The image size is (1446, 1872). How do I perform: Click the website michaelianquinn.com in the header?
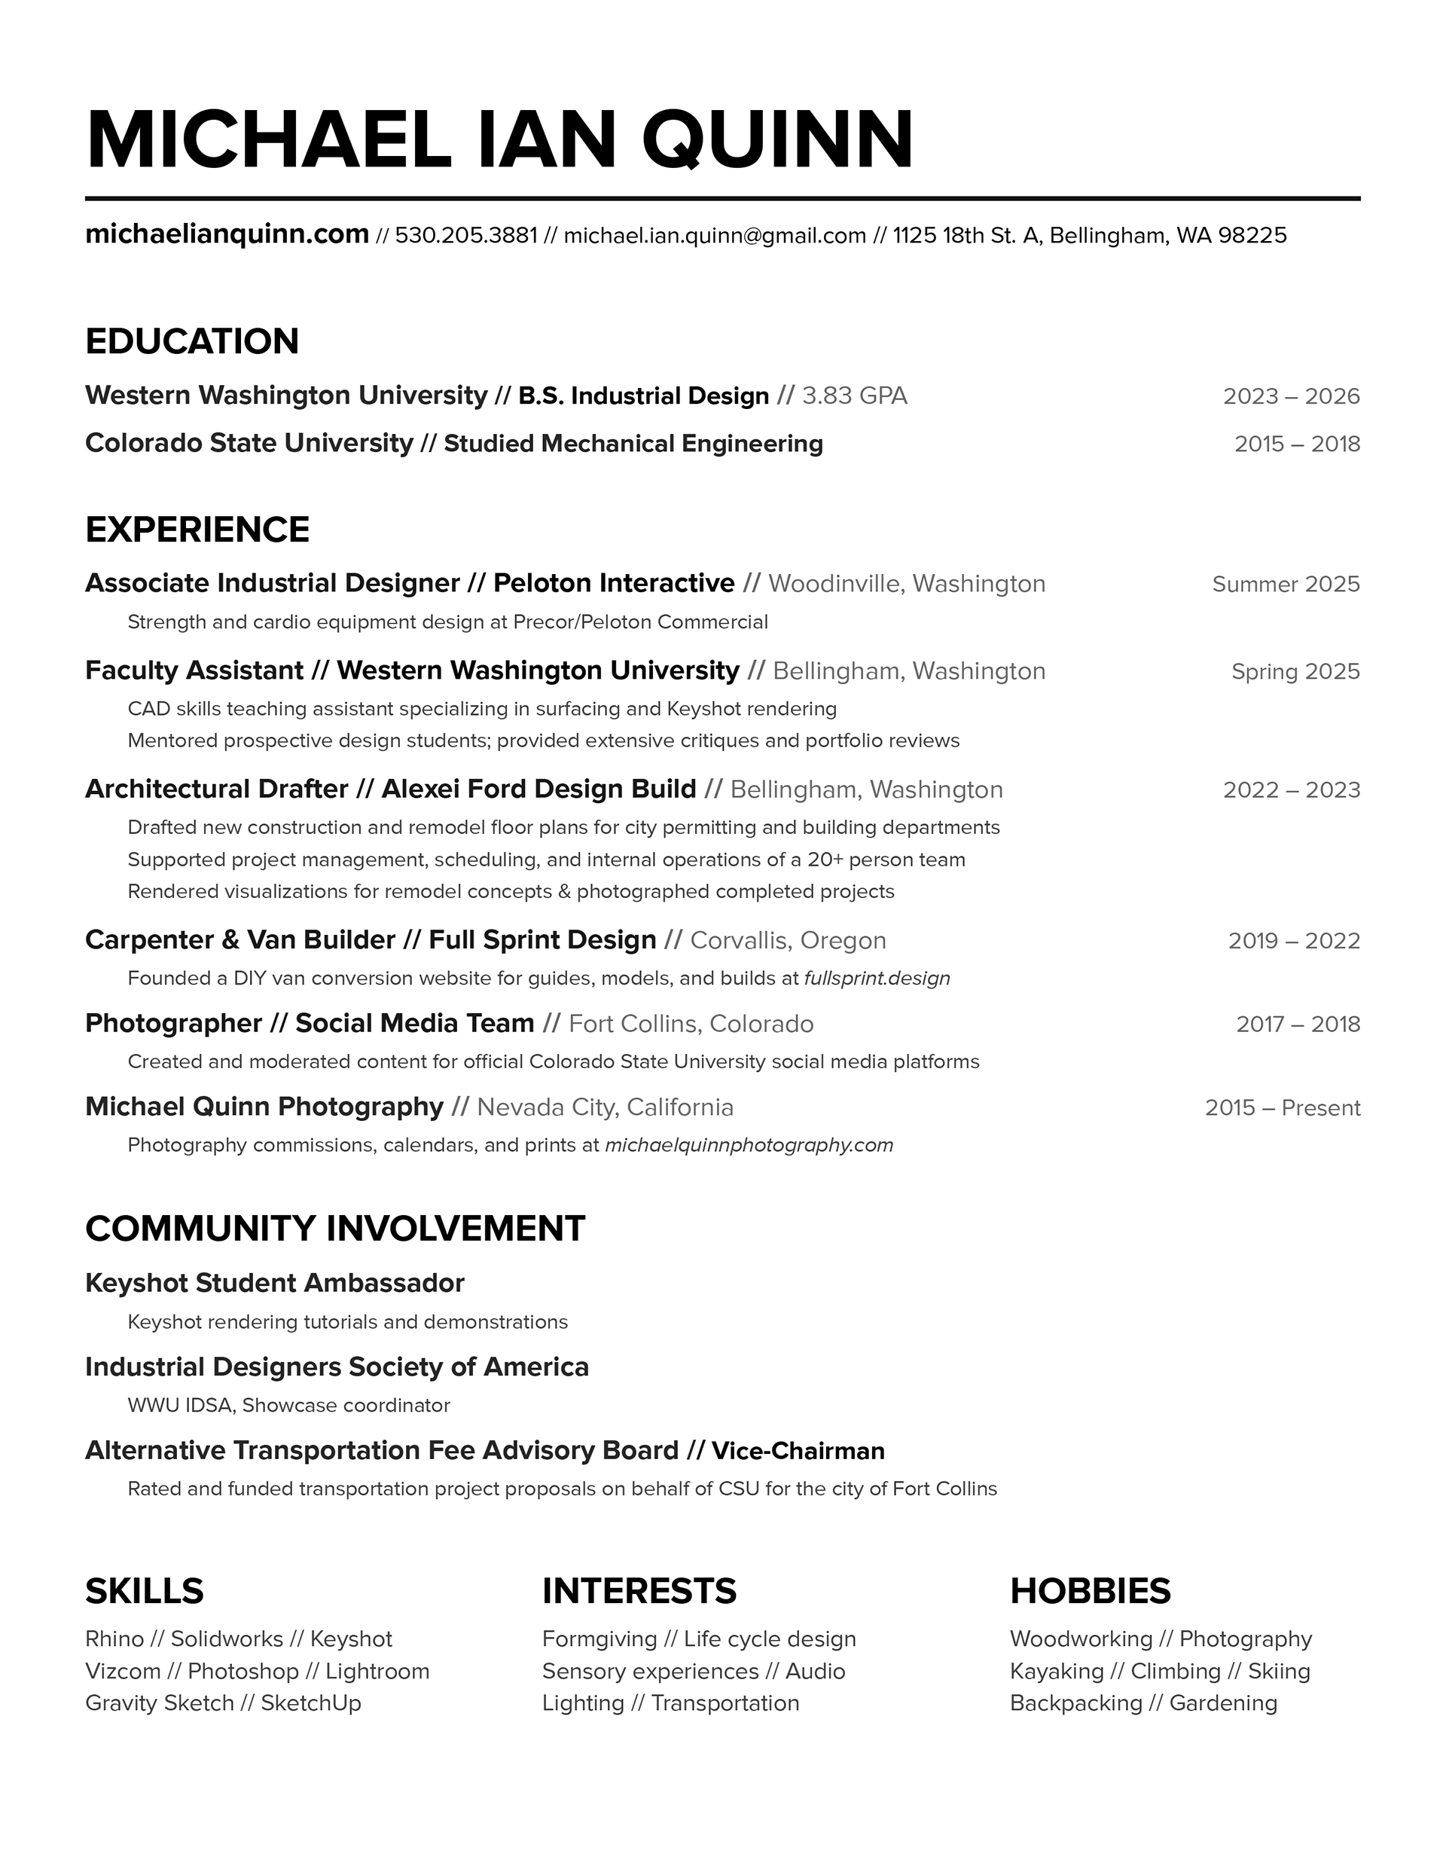coord(227,234)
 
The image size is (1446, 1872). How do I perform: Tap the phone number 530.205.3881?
coord(466,236)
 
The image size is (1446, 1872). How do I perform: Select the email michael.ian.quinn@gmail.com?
coord(715,236)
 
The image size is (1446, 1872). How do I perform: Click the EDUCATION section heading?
coord(192,341)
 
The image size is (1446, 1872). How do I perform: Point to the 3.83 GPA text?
coord(855,396)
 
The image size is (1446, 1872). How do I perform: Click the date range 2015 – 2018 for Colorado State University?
coord(1297,444)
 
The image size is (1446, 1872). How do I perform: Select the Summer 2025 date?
coord(1286,585)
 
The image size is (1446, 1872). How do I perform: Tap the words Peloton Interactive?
coord(614,584)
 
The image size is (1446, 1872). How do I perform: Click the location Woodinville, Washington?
coord(907,585)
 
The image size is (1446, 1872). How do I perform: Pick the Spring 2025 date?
coord(1295,672)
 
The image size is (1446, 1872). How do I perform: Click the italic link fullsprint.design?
coord(877,979)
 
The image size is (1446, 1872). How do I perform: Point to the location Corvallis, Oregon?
coord(788,941)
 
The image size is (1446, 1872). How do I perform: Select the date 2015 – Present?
coord(1283,1108)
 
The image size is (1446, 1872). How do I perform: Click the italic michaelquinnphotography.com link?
coord(749,1146)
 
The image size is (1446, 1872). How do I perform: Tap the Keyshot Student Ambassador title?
coord(274,1283)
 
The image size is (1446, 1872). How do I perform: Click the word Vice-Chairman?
coord(798,1451)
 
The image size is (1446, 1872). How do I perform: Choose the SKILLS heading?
coord(144,1592)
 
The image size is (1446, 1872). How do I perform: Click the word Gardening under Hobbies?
coord(1223,1703)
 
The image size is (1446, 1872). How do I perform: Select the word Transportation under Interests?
coord(725,1703)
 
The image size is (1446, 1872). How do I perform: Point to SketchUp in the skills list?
coord(311,1703)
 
